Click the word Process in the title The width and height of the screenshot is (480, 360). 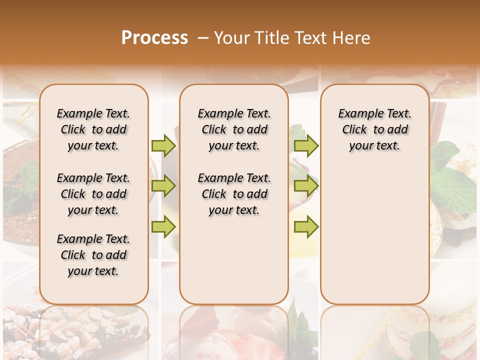(x=154, y=37)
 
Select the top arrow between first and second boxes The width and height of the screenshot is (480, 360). (x=163, y=145)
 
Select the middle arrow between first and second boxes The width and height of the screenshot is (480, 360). (x=163, y=186)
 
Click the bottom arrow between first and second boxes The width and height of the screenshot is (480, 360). (x=163, y=227)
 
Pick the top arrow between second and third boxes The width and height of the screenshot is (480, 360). (x=306, y=145)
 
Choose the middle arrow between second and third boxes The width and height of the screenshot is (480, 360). (x=306, y=186)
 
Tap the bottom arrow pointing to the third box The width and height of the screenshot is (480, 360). (x=306, y=227)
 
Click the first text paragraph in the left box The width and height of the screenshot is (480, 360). (x=93, y=129)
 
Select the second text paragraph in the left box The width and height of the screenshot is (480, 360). (x=93, y=194)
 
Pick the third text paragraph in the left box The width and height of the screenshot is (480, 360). (x=93, y=255)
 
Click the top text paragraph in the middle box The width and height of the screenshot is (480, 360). (x=234, y=129)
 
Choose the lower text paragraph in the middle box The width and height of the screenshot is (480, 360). (x=234, y=194)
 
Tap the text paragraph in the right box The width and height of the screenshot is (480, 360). (x=374, y=129)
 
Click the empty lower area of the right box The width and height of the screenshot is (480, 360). (x=374, y=235)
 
